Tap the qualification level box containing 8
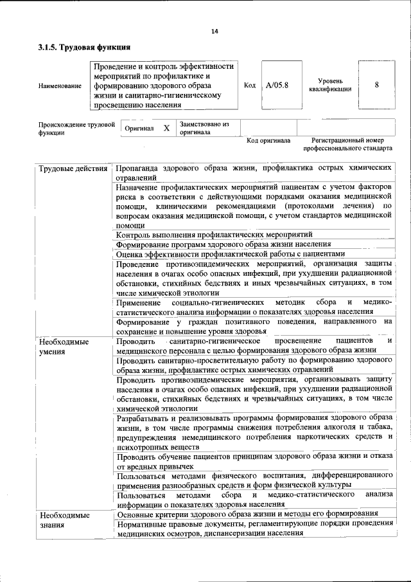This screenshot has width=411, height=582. (x=376, y=85)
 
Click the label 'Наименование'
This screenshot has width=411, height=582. (x=60, y=86)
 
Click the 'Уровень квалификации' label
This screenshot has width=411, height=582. (x=334, y=85)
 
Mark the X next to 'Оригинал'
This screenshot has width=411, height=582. (x=166, y=128)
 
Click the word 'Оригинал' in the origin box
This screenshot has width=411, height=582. (x=139, y=129)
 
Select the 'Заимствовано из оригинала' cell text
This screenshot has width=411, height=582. (x=204, y=128)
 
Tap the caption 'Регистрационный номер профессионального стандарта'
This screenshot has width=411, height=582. (x=347, y=143)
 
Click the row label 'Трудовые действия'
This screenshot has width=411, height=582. (x=73, y=168)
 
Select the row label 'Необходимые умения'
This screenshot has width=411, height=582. (x=64, y=346)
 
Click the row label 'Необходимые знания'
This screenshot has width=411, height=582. (x=64, y=520)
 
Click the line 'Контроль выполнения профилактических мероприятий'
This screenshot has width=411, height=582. (x=214, y=235)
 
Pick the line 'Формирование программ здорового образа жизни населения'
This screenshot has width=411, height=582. (x=223, y=244)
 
